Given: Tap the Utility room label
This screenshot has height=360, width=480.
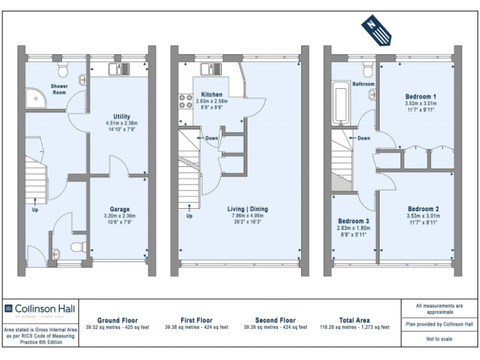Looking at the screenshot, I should click(x=121, y=116).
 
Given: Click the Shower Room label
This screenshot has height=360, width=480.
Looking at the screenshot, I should click(x=59, y=89).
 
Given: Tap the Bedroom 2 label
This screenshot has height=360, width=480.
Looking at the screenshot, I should click(x=423, y=209).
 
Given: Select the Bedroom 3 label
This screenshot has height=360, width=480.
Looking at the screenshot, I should click(x=354, y=221).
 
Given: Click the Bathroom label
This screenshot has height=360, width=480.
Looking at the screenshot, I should click(x=363, y=84).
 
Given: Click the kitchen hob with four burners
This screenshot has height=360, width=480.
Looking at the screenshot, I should click(x=186, y=101).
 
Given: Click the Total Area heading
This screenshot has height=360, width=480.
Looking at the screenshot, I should click(x=354, y=320).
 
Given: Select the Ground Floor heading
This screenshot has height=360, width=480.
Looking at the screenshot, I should click(x=117, y=320).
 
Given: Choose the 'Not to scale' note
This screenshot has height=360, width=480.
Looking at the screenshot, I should click(x=439, y=339).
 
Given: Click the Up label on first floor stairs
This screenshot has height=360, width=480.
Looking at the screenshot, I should click(x=189, y=216).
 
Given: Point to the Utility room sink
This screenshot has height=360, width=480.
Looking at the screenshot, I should click(x=117, y=69).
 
